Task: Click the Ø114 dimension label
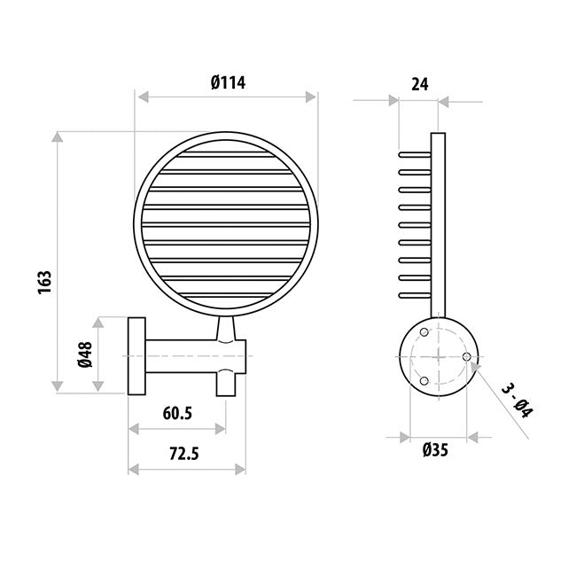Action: click(x=228, y=82)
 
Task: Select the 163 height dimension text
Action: click(x=45, y=282)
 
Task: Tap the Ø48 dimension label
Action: click(x=85, y=354)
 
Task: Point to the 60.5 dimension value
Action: click(x=177, y=414)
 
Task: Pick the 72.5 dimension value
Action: click(x=184, y=454)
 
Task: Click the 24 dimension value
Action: click(x=419, y=84)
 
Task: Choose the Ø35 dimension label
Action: click(x=435, y=449)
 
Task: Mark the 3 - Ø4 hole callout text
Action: click(x=517, y=401)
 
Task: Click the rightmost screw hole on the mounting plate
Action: click(x=466, y=356)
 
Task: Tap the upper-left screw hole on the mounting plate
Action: click(x=424, y=332)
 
